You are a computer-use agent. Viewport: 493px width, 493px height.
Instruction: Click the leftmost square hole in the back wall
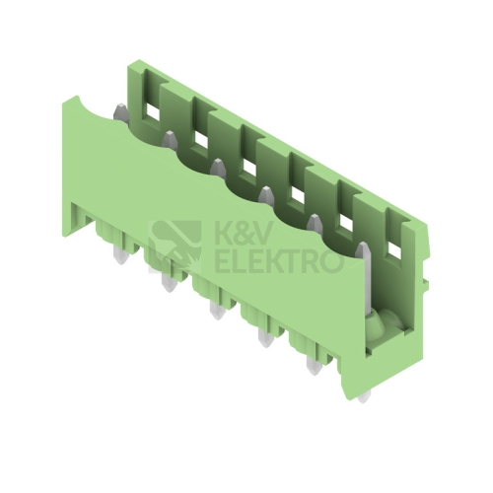[152, 113]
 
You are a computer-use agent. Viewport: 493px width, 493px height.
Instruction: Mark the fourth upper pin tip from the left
[266, 195]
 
